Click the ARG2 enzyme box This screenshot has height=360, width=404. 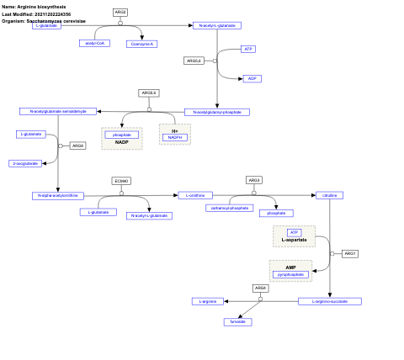(120, 12)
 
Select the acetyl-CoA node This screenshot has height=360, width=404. (96, 43)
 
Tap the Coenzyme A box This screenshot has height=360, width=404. (142, 43)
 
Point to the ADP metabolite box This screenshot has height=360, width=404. (251, 78)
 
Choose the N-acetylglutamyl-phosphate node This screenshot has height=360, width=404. (217, 112)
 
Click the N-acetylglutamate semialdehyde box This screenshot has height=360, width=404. (58, 111)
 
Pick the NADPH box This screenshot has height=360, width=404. (175, 137)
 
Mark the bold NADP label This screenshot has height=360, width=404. (122, 142)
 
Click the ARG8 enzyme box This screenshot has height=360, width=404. (77, 146)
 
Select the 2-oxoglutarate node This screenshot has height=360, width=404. (25, 163)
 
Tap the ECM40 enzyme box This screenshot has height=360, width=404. (121, 181)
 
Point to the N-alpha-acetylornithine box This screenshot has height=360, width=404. (58, 195)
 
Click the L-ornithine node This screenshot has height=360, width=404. (195, 195)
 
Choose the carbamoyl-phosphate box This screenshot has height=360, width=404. (229, 208)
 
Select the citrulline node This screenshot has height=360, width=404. (328, 195)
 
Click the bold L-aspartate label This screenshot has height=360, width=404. (294, 241)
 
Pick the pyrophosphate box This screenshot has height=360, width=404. (290, 274)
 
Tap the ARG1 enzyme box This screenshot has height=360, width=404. (350, 253)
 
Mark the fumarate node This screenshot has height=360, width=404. (237, 321)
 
